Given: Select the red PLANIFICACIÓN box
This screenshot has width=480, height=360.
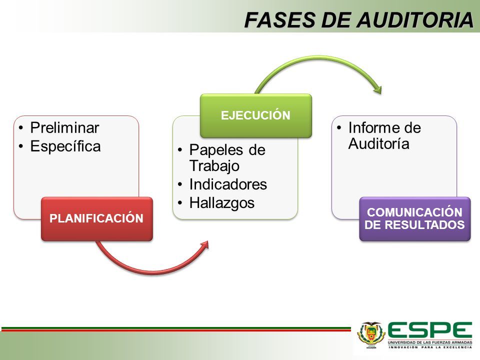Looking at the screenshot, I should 96,219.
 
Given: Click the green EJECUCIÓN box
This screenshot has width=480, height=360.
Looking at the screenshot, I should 256,115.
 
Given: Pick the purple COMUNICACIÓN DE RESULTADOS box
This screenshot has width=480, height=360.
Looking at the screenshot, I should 414,218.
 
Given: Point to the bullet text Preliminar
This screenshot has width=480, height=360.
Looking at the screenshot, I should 64,127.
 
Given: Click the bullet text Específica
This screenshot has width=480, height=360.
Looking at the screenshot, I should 65,146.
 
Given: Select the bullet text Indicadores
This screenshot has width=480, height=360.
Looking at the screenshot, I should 228,184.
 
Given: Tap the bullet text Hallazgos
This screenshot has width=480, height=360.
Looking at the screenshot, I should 222,202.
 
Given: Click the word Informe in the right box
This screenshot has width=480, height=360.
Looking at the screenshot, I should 370,128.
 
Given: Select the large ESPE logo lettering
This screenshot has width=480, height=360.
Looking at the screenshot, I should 430,330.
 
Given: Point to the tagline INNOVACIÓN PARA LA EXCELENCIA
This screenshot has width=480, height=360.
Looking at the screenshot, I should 430,346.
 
